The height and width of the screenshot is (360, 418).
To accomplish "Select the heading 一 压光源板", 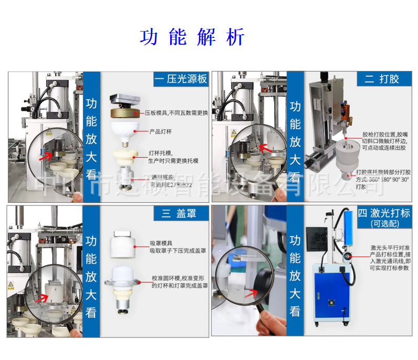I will click(181, 79).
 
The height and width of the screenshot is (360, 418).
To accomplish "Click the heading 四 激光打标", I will click(383, 213).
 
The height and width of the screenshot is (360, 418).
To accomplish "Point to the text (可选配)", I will click(384, 223).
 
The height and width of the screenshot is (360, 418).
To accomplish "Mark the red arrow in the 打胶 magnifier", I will click(268, 150).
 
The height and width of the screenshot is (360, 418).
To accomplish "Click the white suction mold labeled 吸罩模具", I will click(124, 244).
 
